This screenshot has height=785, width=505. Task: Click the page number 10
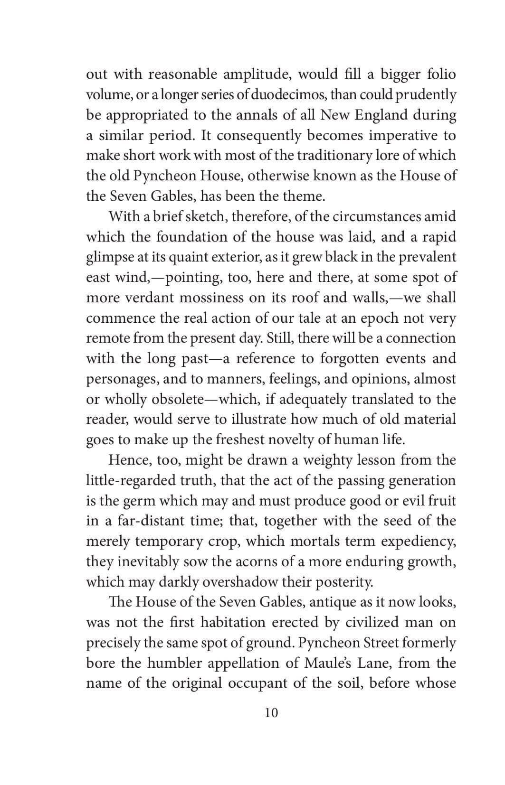tap(271, 713)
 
